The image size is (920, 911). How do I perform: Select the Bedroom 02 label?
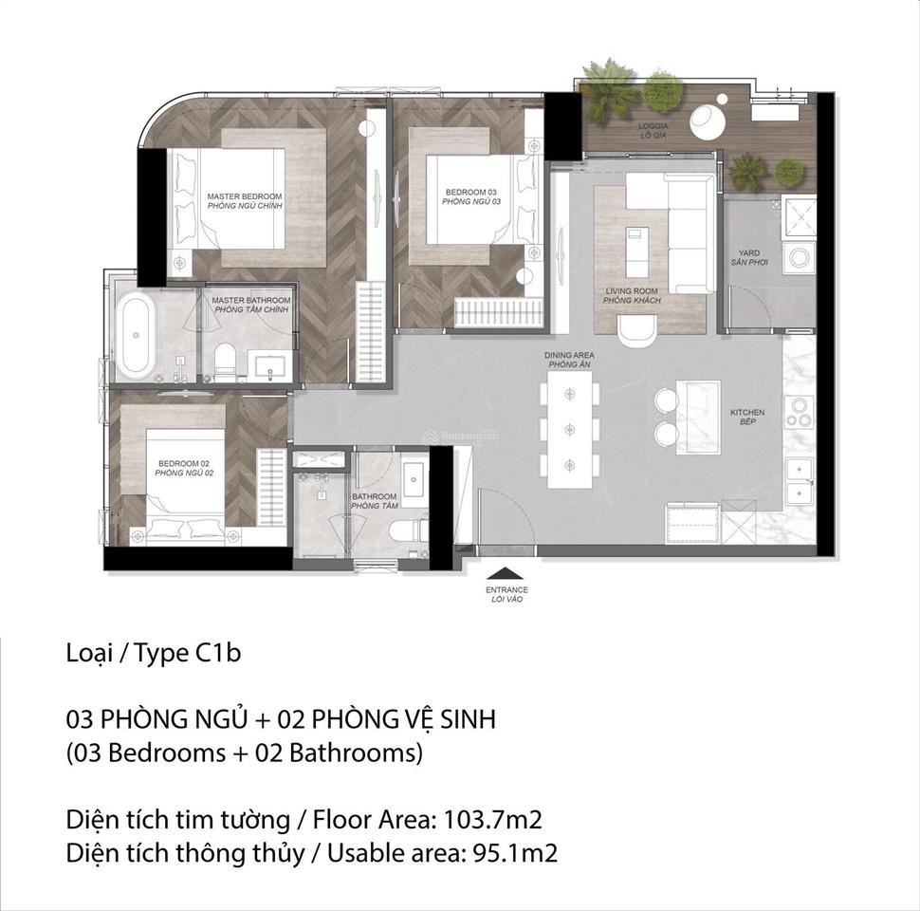click(x=184, y=467)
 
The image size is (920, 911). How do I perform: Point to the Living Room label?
click(x=632, y=296)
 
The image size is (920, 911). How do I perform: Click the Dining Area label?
click(x=569, y=359)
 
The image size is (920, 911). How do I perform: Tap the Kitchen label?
click(x=747, y=417)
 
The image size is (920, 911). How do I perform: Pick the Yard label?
click(x=749, y=257)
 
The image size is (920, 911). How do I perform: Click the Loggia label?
click(x=654, y=129)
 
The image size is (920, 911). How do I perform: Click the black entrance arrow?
click(x=506, y=572)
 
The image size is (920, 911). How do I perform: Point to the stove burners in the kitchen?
click(x=799, y=410)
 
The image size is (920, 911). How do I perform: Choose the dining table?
click(x=569, y=422)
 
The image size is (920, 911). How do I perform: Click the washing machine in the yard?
click(x=799, y=255)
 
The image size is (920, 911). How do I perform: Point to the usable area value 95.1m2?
click(x=510, y=852)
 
